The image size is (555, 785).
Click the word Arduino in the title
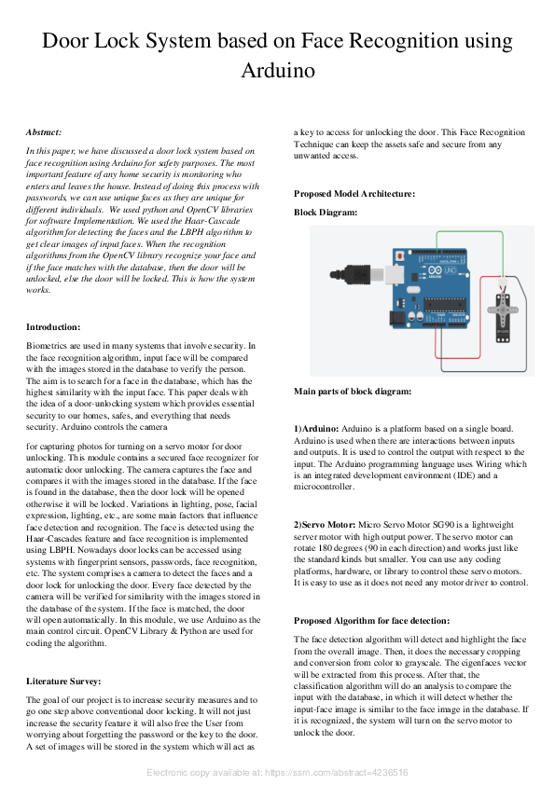click(278, 70)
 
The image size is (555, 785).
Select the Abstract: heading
click(44, 132)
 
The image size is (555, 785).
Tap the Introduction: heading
click(53, 327)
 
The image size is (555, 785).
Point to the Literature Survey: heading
click(63, 681)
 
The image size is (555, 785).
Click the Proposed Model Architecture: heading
click(354, 194)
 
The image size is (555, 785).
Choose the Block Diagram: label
click(326, 213)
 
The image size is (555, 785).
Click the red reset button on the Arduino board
click(400, 255)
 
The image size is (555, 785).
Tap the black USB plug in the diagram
click(351, 274)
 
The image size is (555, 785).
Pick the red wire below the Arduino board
click(457, 358)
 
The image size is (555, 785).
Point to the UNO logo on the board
click(450, 270)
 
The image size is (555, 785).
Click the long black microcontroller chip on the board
click(445, 304)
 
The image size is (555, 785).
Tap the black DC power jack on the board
click(397, 316)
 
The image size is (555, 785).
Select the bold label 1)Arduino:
click(316, 429)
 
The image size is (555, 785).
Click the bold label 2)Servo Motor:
click(325, 525)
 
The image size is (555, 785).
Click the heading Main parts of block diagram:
click(353, 391)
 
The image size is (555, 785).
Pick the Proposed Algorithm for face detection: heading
click(371, 621)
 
